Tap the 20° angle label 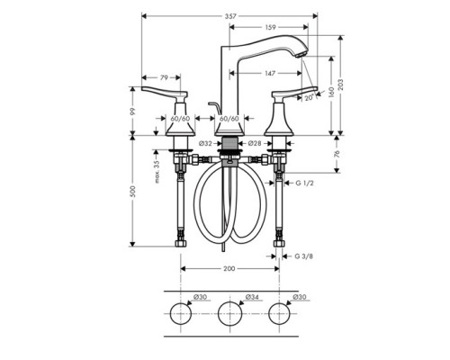coord(309,97)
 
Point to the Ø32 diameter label coord(204,142)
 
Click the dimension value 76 coord(335,154)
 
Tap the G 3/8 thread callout coord(306,256)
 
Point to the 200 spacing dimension coord(229,268)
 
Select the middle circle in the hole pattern coord(229,315)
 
